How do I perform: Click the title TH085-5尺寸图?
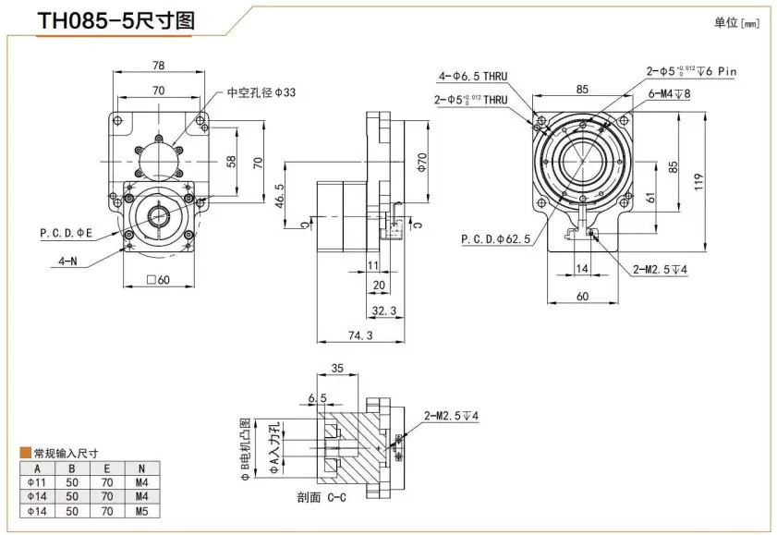click(115, 21)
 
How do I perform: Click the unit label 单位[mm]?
click(735, 23)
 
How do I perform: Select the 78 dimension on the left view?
click(159, 66)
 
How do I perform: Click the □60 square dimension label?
click(159, 280)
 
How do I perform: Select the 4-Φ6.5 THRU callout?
click(473, 76)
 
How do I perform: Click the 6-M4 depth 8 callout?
click(670, 93)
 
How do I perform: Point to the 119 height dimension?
click(698, 181)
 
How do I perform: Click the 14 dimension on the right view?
click(581, 268)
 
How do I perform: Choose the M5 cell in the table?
click(141, 509)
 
